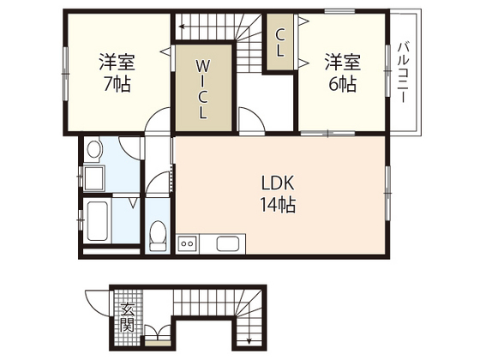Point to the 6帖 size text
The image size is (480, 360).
[342, 84]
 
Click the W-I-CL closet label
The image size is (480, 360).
[203, 88]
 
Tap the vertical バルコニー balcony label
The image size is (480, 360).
[405, 72]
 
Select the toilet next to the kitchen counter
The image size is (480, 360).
[158, 234]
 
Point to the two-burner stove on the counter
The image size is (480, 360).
[187, 245]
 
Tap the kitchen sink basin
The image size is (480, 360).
[227, 244]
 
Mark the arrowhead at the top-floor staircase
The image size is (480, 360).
[182, 27]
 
